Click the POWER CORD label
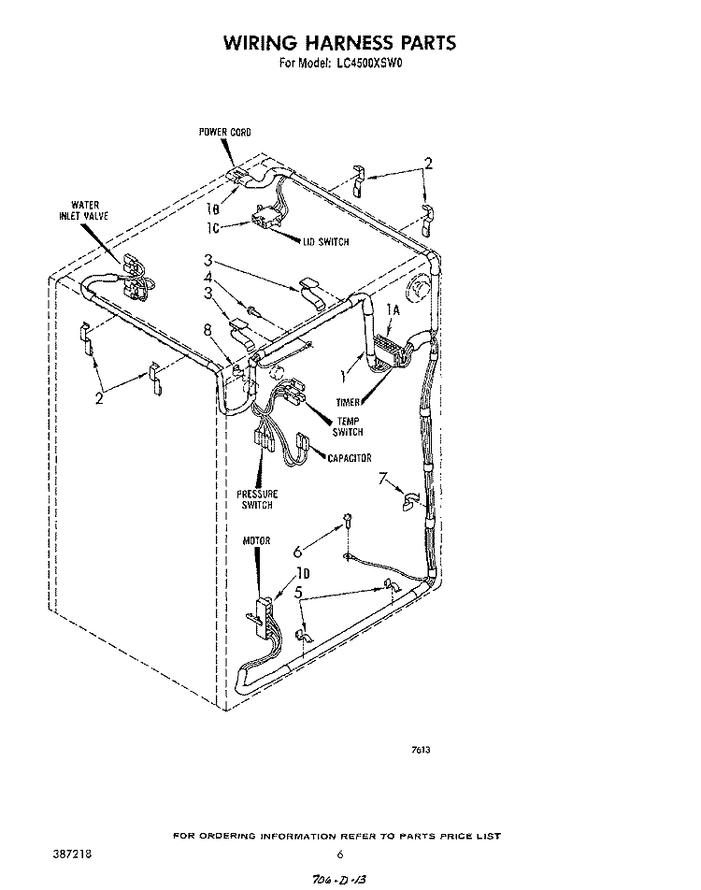[x=224, y=132]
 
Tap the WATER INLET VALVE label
[x=83, y=210]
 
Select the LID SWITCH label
[x=326, y=242]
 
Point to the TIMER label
[x=348, y=402]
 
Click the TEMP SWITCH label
[x=348, y=427]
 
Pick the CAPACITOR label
[x=350, y=458]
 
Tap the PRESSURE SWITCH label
[x=257, y=499]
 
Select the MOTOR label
[x=256, y=541]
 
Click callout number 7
[x=384, y=478]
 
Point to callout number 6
[x=298, y=552]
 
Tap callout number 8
[x=208, y=330]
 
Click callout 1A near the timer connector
[x=393, y=310]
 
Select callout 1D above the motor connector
[x=303, y=573]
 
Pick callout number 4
[x=208, y=277]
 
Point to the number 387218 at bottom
[x=71, y=854]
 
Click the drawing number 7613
[x=421, y=750]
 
